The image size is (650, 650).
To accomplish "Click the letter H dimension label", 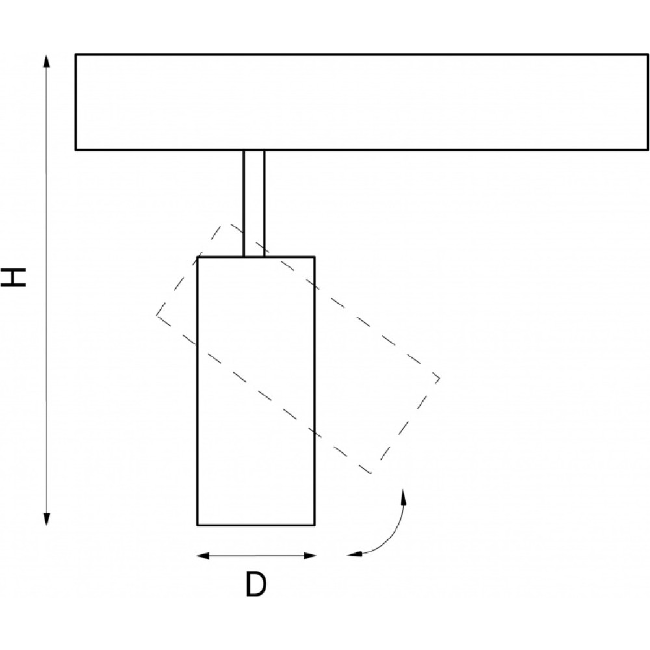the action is [13, 278].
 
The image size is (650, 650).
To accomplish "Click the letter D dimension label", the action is [255, 584].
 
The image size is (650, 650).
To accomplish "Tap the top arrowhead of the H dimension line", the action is [47, 60].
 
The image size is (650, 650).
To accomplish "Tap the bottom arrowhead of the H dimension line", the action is [47, 519].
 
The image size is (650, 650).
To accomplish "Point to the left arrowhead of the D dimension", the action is [203, 556].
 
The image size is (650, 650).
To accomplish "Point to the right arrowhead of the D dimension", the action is [309, 556].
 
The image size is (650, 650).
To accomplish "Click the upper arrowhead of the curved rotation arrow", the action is [403, 496].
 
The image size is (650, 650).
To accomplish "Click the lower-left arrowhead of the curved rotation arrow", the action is [354, 554].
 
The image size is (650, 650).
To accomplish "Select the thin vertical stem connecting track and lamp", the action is [253, 203].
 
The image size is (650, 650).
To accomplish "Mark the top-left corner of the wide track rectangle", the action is [76, 55].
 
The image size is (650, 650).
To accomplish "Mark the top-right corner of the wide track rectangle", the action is [648, 55].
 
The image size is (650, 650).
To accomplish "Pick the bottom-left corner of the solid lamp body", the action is [198, 525].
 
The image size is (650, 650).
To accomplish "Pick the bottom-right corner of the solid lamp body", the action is [314, 525].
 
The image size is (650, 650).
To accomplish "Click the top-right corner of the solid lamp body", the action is [314, 257].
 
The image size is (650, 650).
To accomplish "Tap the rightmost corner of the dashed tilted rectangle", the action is [439, 378].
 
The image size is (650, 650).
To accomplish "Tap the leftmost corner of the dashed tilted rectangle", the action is [157, 315].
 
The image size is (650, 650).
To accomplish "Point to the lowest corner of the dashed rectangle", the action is [371, 473].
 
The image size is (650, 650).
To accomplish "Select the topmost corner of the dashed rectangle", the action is [224, 224].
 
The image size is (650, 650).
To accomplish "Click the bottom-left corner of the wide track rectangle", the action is [76, 149].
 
